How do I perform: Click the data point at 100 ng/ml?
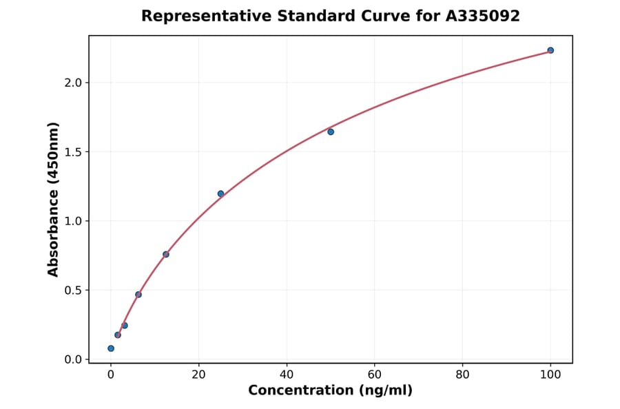pos(550,50)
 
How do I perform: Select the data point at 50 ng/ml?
pos(331,132)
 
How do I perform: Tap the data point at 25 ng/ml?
pos(220,193)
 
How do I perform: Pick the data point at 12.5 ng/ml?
pos(166,254)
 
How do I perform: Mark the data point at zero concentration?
pos(111,348)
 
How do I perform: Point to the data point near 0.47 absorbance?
pos(138,294)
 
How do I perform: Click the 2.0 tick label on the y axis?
pos(73,83)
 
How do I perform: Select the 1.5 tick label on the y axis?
pos(73,152)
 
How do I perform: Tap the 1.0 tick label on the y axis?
pos(73,221)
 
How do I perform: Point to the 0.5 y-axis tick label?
pos(73,291)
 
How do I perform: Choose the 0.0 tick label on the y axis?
pos(73,359)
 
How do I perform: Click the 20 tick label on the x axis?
pos(198,375)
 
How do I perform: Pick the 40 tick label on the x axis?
pos(287,375)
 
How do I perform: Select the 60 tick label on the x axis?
pos(375,375)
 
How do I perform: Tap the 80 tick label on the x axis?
pos(462,375)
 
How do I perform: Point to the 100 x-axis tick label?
pos(550,375)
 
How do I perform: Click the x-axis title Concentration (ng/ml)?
pos(330,390)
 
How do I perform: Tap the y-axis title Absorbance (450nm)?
pos(54,199)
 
